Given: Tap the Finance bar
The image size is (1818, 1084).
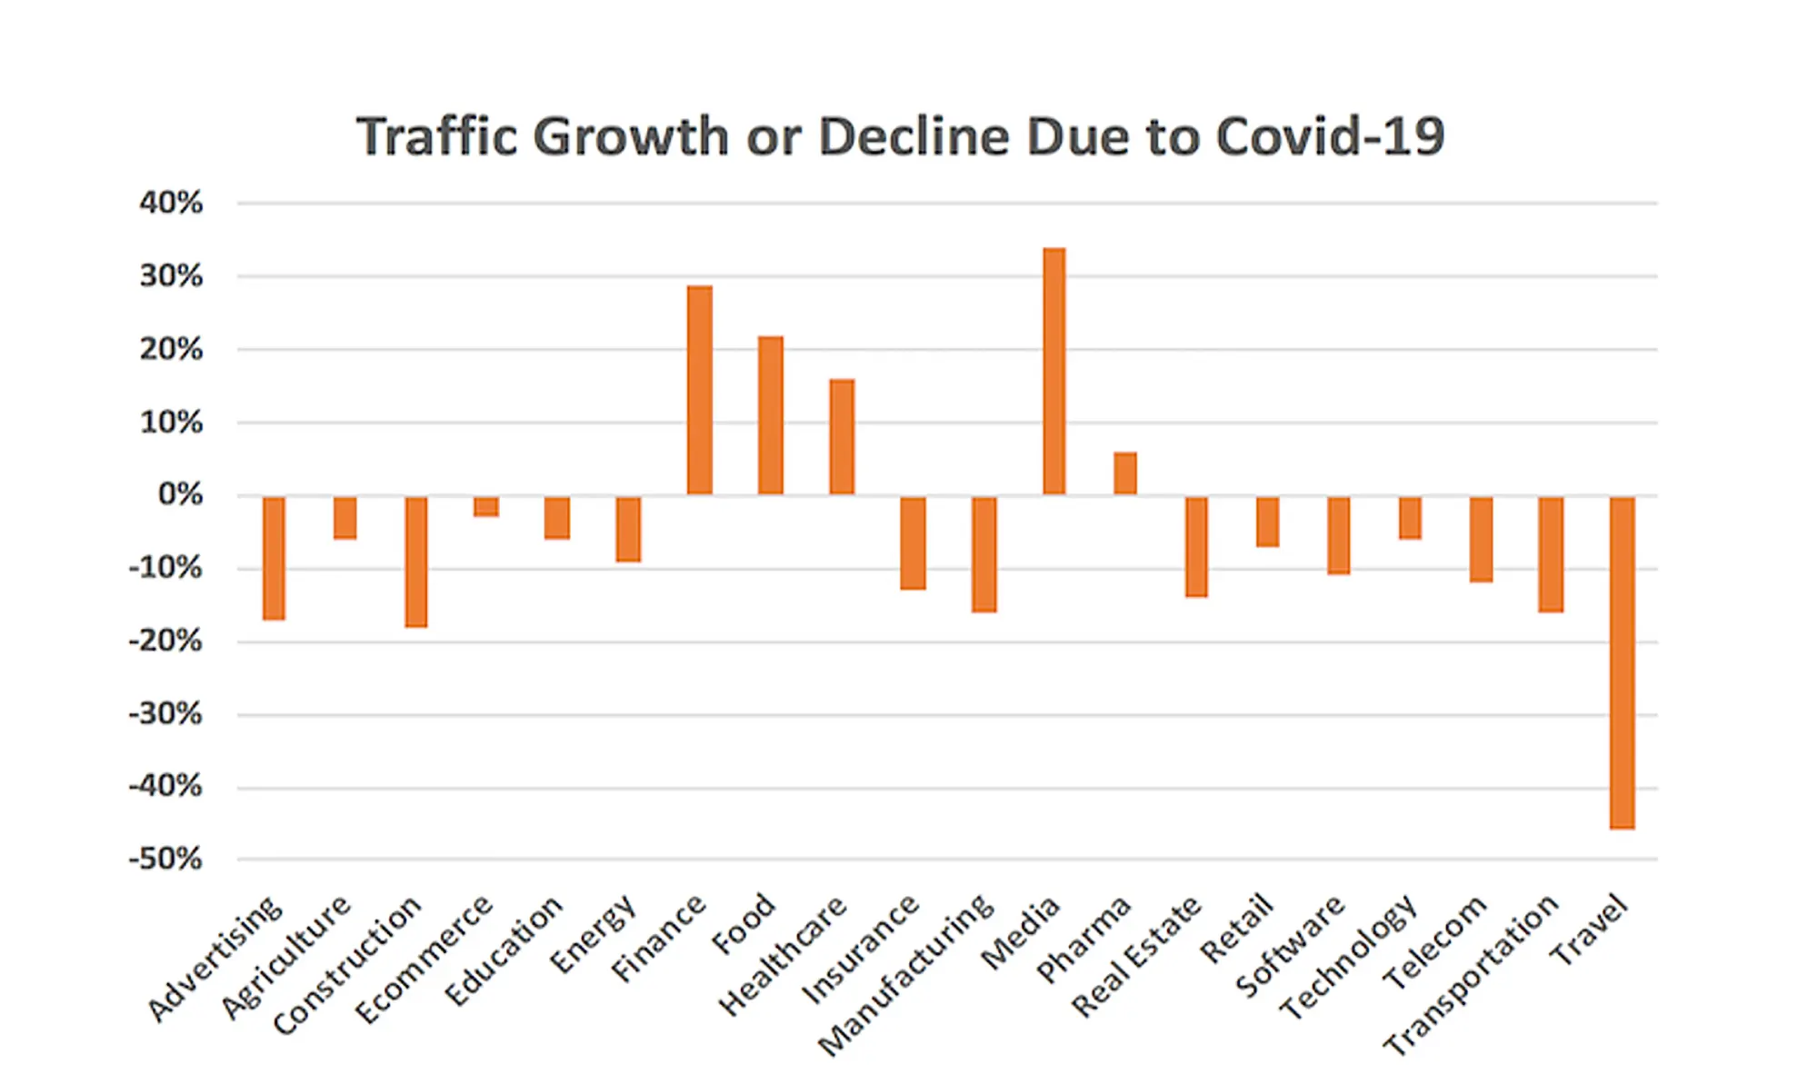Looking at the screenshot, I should pos(700,390).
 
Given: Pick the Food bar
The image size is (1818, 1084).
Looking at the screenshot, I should pos(771,415).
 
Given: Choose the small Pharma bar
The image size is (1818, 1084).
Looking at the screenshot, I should pos(1125,473).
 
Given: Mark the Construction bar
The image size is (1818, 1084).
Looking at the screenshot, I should pos(416,562).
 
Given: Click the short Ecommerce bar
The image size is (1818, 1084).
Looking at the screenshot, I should pos(486,507).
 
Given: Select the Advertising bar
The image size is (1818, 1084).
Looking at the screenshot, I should pos(274,558).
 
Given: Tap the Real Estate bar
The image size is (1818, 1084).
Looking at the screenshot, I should pos(1196,546).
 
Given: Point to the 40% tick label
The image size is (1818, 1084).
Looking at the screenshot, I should pos(171,203).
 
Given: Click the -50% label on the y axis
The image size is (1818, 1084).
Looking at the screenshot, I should pos(165,859).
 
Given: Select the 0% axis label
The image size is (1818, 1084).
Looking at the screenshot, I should pos(180,495).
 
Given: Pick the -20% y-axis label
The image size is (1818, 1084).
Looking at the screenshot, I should pos(165,641).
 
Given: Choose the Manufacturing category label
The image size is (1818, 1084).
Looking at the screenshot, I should pos(907,974).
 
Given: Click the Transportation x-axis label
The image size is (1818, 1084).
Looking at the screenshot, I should pos(1472,974).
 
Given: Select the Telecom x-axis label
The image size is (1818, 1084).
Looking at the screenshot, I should pos(1434,942).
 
